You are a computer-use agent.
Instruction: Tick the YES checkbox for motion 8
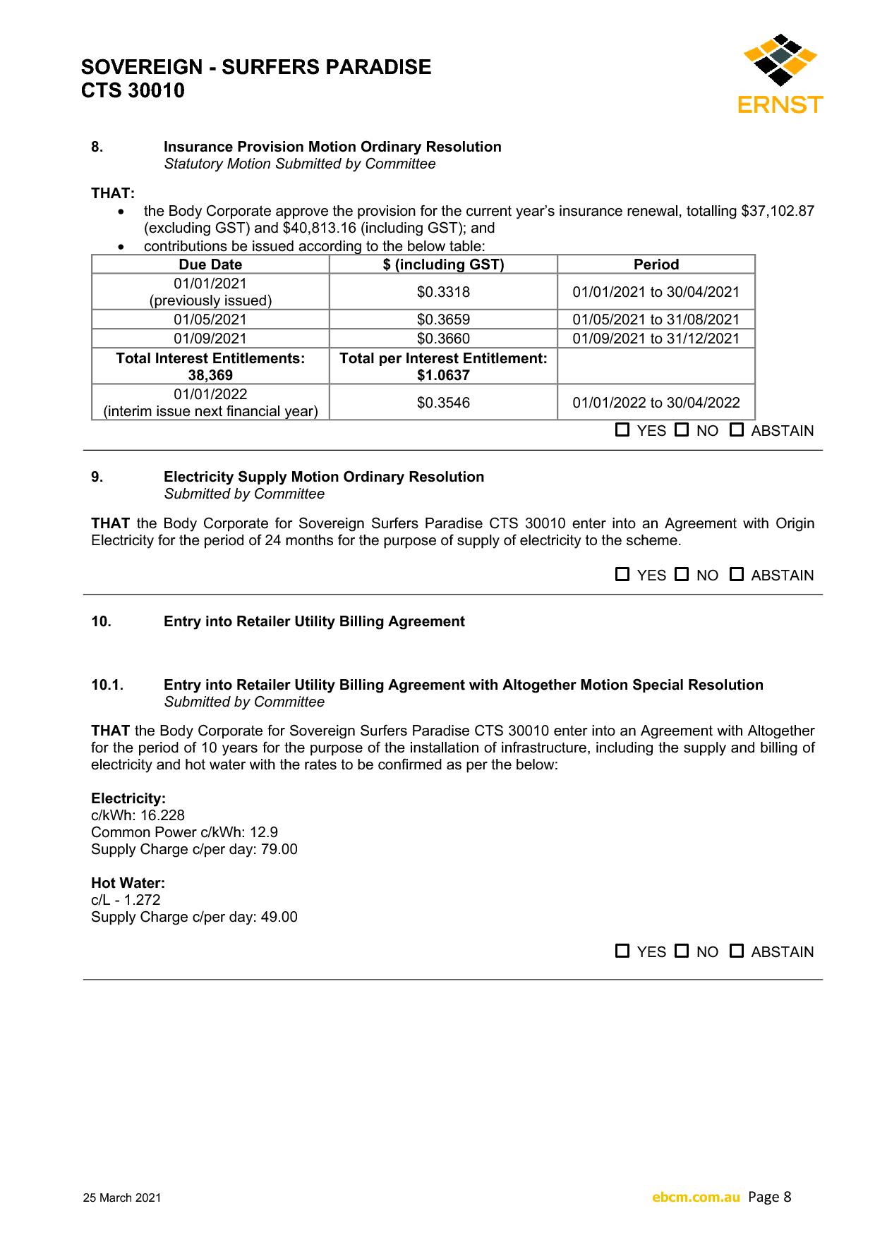[622, 429]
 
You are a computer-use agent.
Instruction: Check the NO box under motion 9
[682, 574]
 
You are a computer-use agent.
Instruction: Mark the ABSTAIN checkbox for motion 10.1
[737, 951]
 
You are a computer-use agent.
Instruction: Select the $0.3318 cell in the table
[443, 292]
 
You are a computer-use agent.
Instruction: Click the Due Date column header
[210, 264]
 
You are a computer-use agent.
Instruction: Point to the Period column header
[656, 264]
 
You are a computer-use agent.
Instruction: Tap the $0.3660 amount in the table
[443, 339]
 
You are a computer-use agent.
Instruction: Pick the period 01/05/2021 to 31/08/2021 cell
[656, 319]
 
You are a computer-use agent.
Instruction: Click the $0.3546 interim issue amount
[443, 403]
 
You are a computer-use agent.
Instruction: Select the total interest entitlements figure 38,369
[210, 375]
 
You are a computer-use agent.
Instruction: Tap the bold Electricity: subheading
[128, 798]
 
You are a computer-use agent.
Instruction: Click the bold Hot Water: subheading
[128, 883]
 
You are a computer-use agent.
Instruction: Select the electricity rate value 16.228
[162, 815]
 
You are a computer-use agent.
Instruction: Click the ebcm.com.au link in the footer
[696, 1197]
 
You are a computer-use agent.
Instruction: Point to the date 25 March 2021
[122, 1198]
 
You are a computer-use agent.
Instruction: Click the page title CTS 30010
[133, 91]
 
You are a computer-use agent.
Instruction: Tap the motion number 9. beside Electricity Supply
[97, 477]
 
